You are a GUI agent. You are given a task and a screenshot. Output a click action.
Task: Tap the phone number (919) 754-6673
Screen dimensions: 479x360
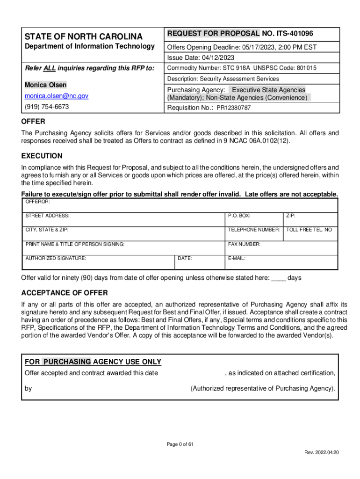point(47,107)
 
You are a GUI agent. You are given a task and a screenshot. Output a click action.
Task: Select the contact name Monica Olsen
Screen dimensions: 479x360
point(45,85)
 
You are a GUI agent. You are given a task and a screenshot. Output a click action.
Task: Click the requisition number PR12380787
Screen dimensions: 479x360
point(233,108)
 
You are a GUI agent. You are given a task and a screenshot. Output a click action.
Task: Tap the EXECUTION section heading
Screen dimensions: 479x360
point(42,156)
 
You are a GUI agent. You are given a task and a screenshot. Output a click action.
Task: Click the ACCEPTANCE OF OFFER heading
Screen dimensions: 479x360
point(65,293)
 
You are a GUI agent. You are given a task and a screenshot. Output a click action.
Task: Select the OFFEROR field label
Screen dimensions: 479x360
point(37,202)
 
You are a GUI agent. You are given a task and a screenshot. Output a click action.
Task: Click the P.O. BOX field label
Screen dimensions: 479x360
point(239,216)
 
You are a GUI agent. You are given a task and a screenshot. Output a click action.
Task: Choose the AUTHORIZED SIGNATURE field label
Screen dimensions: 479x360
point(56,258)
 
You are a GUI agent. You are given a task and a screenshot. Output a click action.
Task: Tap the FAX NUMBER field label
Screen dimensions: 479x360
point(244,244)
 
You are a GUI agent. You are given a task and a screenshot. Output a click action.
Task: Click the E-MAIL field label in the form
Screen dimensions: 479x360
point(237,258)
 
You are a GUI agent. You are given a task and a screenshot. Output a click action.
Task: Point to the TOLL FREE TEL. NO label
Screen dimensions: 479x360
point(309,230)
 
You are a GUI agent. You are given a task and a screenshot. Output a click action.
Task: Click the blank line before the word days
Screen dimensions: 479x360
point(279,278)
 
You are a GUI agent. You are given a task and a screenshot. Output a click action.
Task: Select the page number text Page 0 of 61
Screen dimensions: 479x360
point(180,444)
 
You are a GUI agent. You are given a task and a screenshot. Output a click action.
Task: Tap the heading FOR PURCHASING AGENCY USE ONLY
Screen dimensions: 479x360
point(93,362)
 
